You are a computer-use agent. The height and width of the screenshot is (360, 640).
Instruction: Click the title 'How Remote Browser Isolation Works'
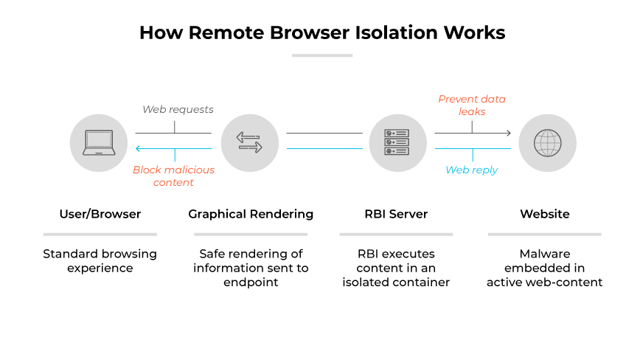pyautogui.click(x=322, y=33)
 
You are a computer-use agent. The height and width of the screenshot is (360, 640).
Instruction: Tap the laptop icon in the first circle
pyautogui.click(x=98, y=142)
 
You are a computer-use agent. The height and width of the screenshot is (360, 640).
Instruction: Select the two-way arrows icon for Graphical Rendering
pyautogui.click(x=250, y=142)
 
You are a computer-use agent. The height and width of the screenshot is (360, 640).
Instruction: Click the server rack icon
pyautogui.click(x=397, y=142)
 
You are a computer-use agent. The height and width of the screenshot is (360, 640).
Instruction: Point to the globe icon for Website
pyautogui.click(x=547, y=142)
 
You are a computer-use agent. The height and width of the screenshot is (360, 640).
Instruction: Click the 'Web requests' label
pyautogui.click(x=178, y=109)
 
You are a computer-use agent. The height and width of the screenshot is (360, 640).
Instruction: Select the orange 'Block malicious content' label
pyautogui.click(x=173, y=176)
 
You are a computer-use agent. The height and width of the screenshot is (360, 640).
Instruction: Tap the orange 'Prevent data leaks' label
pyautogui.click(x=472, y=105)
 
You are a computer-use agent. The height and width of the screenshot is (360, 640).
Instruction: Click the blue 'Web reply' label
pyautogui.click(x=471, y=170)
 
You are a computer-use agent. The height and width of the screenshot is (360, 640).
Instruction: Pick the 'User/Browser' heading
pyautogui.click(x=100, y=214)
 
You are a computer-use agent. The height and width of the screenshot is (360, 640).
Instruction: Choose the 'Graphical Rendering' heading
pyautogui.click(x=251, y=214)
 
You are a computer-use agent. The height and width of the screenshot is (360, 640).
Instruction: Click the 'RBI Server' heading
pyautogui.click(x=396, y=214)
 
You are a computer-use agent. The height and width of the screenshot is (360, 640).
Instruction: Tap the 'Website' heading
pyautogui.click(x=544, y=214)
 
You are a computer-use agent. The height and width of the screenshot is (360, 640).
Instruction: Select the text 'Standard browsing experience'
pyautogui.click(x=100, y=260)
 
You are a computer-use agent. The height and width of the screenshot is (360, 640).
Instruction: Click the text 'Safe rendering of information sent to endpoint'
pyautogui.click(x=251, y=268)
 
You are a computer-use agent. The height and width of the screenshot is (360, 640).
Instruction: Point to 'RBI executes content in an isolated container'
pyautogui.click(x=396, y=268)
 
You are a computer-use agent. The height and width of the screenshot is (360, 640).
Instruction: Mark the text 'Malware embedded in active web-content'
pyautogui.click(x=544, y=268)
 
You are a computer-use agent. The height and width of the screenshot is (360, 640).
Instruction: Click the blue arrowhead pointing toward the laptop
pyautogui.click(x=138, y=148)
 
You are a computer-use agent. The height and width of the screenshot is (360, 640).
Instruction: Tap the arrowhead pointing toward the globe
pyautogui.click(x=507, y=134)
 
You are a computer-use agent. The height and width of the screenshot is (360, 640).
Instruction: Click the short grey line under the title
pyautogui.click(x=322, y=55)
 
